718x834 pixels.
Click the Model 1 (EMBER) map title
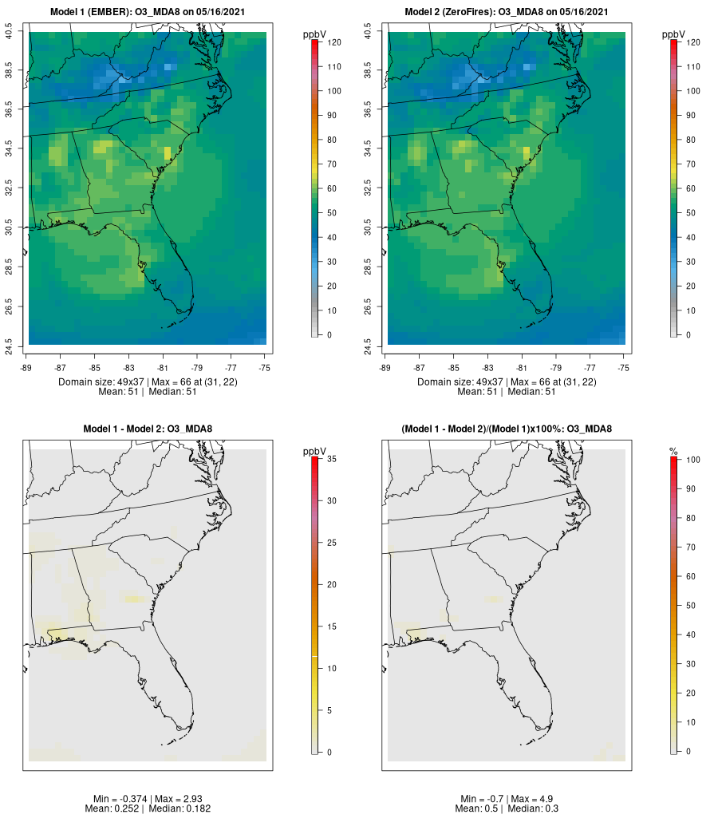click(x=148, y=12)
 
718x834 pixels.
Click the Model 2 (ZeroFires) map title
click(x=507, y=12)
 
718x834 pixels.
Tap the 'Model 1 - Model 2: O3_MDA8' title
click(x=148, y=429)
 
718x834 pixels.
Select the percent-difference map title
click(x=507, y=429)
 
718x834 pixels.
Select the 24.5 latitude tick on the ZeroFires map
click(x=368, y=344)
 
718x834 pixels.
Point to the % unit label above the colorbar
click(x=673, y=452)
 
